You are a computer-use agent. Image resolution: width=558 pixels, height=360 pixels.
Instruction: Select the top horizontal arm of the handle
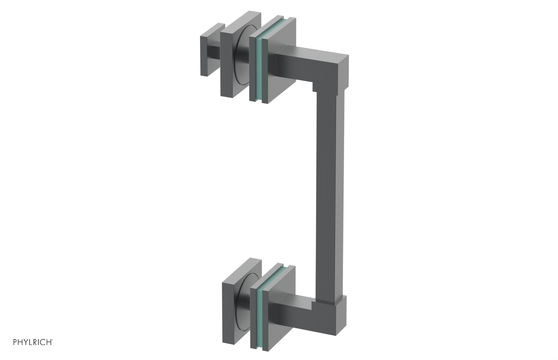tap(307, 63)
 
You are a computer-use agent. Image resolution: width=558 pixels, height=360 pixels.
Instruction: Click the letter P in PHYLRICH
tap(15, 343)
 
